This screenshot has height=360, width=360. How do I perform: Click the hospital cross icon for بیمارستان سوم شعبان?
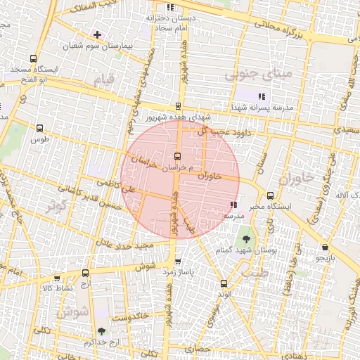click(x=97, y=34)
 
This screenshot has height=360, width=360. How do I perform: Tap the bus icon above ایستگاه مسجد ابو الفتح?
click(x=33, y=59)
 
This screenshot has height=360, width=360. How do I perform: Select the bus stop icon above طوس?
click(x=39, y=129)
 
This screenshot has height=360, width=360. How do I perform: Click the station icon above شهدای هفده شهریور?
click(x=178, y=105)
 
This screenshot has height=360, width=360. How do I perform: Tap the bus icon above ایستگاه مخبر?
click(x=270, y=195)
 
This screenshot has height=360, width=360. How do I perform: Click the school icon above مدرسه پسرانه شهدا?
click(x=261, y=96)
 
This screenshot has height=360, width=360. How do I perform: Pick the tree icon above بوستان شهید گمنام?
click(x=245, y=239)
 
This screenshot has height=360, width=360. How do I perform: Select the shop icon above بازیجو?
click(x=325, y=247)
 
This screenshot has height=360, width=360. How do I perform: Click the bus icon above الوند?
click(x=224, y=283)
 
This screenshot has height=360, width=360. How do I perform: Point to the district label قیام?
click(x=103, y=81)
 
